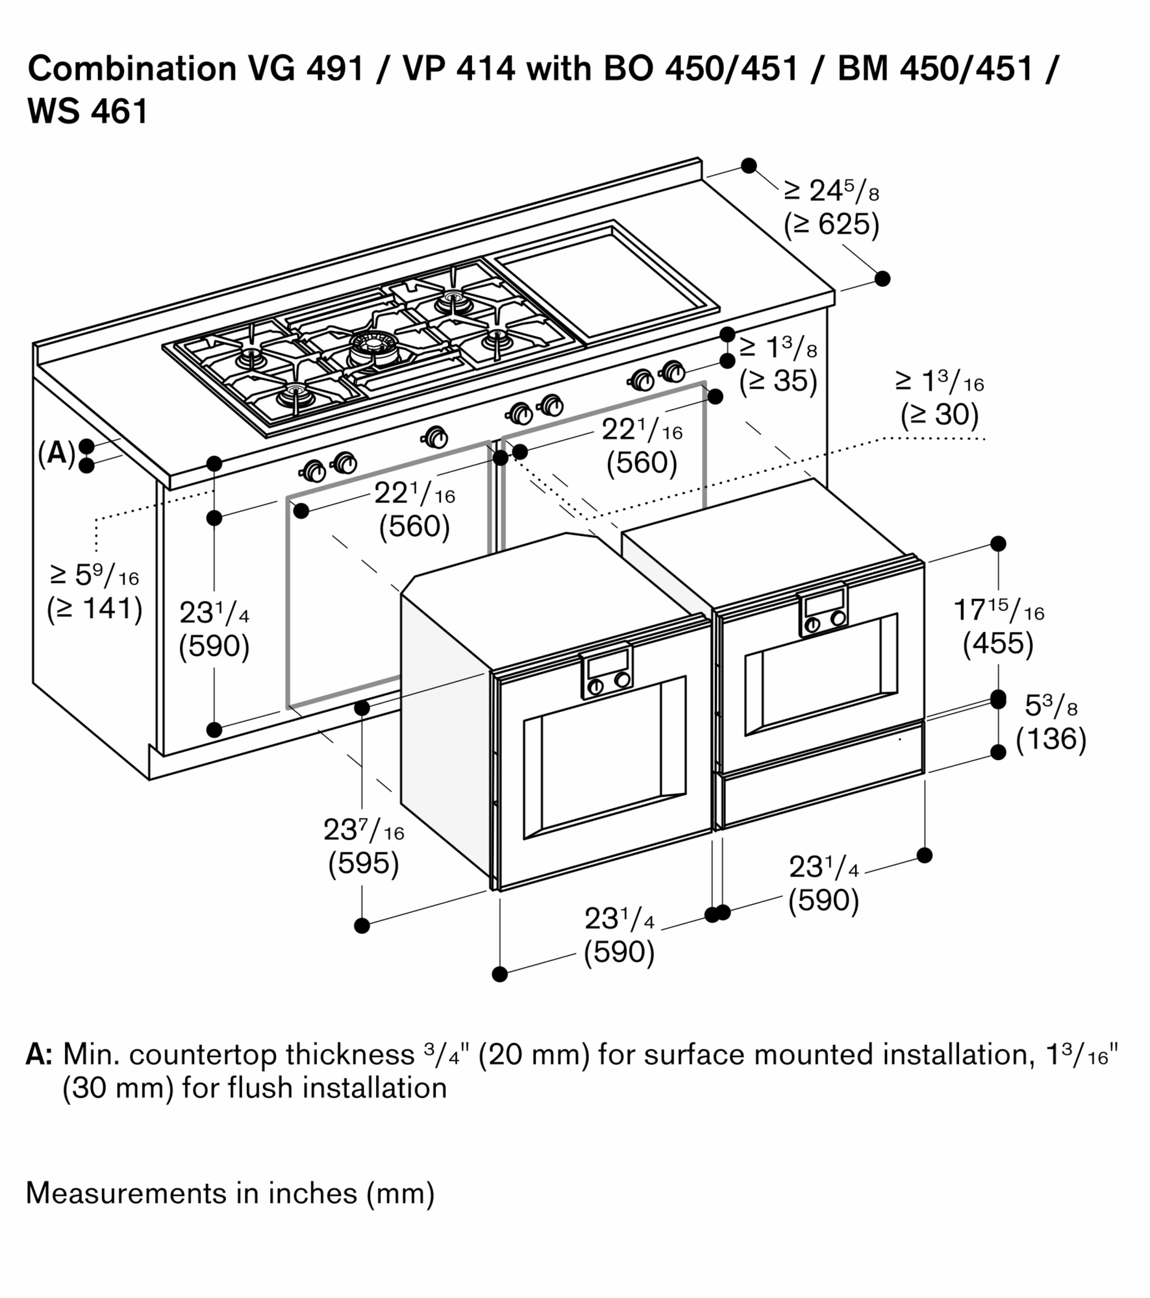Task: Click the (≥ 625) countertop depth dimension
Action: coord(831,225)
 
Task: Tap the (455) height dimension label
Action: coord(998,644)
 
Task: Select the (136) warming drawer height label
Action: coord(1051,739)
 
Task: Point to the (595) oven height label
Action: coord(363,863)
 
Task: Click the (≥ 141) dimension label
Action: coord(95,609)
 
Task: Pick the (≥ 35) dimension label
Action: coord(778,380)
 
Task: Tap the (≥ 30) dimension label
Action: coord(939,415)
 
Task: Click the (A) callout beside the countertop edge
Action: coord(56,454)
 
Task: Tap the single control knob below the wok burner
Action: coord(434,437)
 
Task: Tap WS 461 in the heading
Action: coord(88,112)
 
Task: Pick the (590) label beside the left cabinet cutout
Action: coord(214,646)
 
